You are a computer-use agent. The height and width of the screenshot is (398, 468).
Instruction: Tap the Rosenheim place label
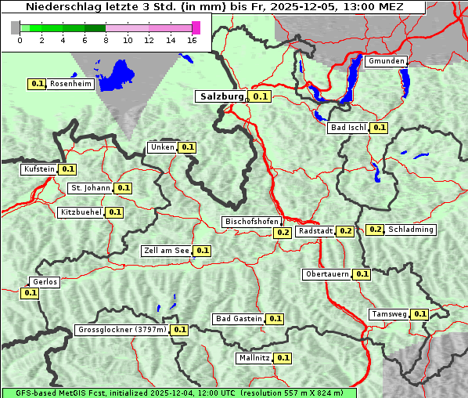71,84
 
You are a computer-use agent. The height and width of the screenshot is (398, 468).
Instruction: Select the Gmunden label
386,61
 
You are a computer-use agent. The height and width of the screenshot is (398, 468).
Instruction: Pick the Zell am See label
166,251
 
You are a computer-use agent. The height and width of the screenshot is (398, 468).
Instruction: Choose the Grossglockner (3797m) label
122,330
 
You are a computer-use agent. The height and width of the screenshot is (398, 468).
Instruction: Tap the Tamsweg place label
388,314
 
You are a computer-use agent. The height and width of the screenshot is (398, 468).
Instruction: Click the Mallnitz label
254,358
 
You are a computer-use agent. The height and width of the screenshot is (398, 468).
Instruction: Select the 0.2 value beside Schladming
375,230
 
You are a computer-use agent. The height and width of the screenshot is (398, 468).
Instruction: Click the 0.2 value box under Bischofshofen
283,233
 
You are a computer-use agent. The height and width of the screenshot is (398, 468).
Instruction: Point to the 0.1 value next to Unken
187,147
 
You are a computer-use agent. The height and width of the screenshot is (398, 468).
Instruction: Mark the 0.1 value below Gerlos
30,293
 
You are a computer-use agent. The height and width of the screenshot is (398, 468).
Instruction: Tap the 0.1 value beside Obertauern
362,274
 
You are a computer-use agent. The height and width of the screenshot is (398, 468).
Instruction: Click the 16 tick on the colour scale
193,40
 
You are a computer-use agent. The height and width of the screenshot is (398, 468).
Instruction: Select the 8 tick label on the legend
106,40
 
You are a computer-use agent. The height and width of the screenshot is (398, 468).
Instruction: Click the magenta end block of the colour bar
196,27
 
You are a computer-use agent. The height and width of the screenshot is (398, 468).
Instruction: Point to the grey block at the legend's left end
15,27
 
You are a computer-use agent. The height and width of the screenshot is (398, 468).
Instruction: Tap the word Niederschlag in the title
59,6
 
